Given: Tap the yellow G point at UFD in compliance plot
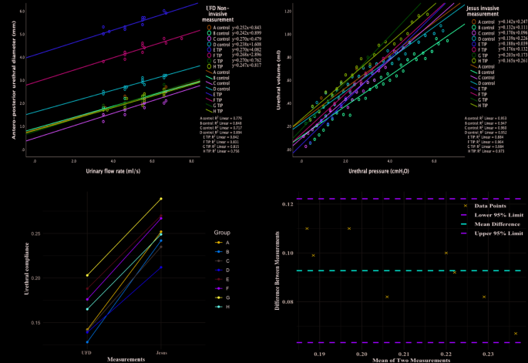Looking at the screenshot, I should click(x=87, y=275).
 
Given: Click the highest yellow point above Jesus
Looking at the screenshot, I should click(x=160, y=199).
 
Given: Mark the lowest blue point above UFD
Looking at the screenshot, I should click(x=87, y=342).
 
